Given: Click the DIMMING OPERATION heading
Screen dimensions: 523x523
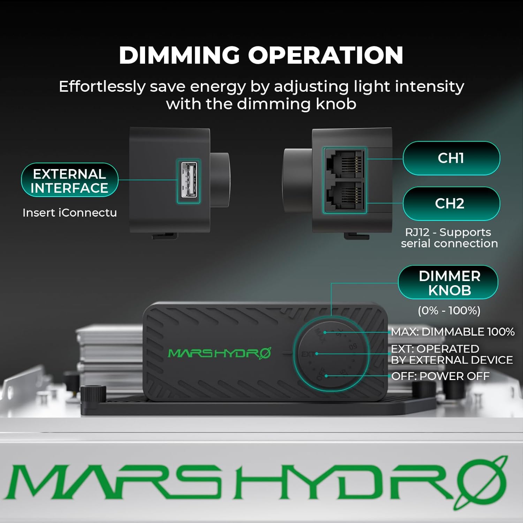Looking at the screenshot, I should point(261,55).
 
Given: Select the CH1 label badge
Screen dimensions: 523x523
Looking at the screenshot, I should point(451,158).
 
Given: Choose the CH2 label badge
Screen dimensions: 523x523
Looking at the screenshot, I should point(451,204).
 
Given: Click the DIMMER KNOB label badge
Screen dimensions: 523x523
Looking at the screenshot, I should point(449,283).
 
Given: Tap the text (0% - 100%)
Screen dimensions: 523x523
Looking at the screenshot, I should point(449,310).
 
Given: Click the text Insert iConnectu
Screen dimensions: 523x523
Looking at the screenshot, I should point(69,213).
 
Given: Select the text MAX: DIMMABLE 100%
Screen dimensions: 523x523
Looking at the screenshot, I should point(452,332).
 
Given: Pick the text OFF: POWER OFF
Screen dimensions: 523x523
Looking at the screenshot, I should point(440,376).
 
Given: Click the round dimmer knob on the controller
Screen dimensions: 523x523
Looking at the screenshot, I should point(331,354).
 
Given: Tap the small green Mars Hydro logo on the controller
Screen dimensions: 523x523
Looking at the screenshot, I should point(219,353).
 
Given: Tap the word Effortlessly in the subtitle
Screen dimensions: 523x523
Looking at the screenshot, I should point(102,86).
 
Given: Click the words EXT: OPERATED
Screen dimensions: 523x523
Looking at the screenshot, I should point(435,349).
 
